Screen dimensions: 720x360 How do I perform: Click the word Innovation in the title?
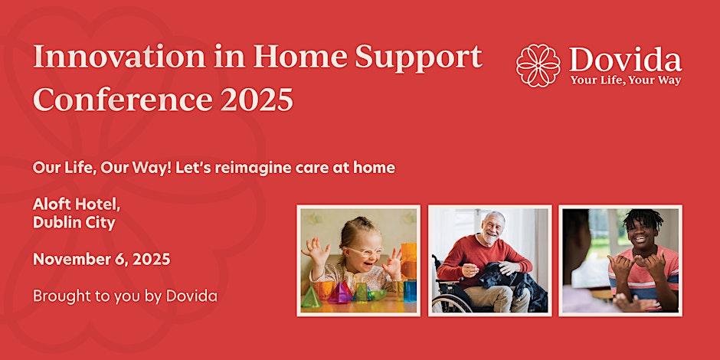119,57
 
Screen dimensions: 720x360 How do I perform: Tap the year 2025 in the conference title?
257,99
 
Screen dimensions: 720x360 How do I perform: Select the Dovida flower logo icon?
538,65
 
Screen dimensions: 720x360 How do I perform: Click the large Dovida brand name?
626,60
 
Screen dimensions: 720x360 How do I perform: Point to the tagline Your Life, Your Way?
626,80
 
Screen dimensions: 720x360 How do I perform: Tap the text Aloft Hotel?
77,205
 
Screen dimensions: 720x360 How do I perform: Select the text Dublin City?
74,223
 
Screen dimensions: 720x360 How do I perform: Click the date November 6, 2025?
101,260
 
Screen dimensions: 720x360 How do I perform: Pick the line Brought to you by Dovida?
125,296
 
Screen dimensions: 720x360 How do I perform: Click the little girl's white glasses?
363,252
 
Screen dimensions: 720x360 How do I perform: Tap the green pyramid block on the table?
311,296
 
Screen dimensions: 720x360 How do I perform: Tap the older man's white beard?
491,238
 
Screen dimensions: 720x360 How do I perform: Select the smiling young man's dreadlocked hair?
643,218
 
